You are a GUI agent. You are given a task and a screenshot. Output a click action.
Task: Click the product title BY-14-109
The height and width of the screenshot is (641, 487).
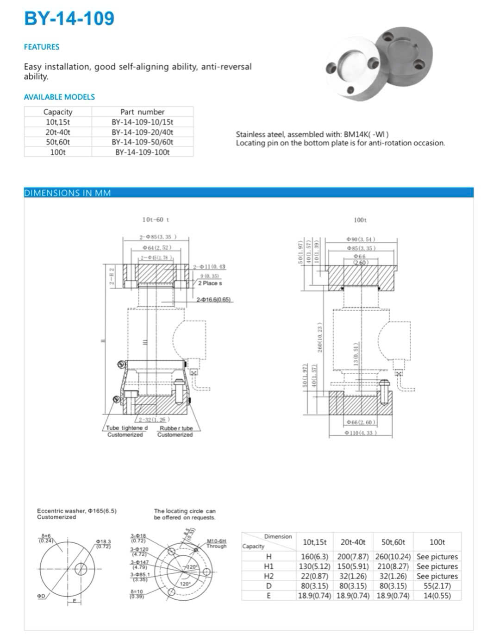pos(69,19)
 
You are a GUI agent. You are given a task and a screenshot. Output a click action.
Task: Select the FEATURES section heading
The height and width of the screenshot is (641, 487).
pos(42,47)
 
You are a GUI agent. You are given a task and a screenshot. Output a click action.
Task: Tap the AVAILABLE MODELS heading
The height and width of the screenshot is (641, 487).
pos(59,97)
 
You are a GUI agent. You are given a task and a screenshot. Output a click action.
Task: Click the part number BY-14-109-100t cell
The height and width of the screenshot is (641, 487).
pos(142,152)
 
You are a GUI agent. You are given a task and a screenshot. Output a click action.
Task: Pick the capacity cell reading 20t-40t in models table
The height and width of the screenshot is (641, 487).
pos(58,132)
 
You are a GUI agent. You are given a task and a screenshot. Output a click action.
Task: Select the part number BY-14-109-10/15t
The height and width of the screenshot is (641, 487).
pos(142,122)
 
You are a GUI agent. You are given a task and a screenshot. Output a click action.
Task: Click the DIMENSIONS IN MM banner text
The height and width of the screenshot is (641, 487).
pos(68,193)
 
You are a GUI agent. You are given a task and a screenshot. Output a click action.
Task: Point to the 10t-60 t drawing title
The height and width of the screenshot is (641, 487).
pos(156,220)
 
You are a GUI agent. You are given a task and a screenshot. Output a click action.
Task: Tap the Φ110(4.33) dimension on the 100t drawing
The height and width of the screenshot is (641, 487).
pos(360,433)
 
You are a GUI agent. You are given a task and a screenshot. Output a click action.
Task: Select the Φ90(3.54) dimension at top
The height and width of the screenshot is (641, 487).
pos(360,239)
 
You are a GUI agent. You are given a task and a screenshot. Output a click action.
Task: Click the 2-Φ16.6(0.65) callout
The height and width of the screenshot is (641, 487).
pos(213,300)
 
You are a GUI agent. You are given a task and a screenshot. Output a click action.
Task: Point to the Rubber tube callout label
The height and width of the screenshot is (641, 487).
pos(176,428)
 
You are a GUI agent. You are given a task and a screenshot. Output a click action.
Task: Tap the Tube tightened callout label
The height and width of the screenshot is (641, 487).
pos(127,428)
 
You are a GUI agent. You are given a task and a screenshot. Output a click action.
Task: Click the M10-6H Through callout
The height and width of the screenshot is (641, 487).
pos(216,543)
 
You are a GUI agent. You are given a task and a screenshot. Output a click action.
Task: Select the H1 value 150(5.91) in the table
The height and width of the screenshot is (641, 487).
pos(353,566)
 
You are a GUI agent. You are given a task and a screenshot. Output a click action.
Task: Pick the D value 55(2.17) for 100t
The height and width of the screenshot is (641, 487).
pos(437,585)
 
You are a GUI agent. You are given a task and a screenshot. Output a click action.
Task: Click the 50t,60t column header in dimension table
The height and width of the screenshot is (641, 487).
pos(393,542)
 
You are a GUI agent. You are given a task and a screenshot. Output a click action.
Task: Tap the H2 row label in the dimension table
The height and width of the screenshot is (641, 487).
pos(268,576)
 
